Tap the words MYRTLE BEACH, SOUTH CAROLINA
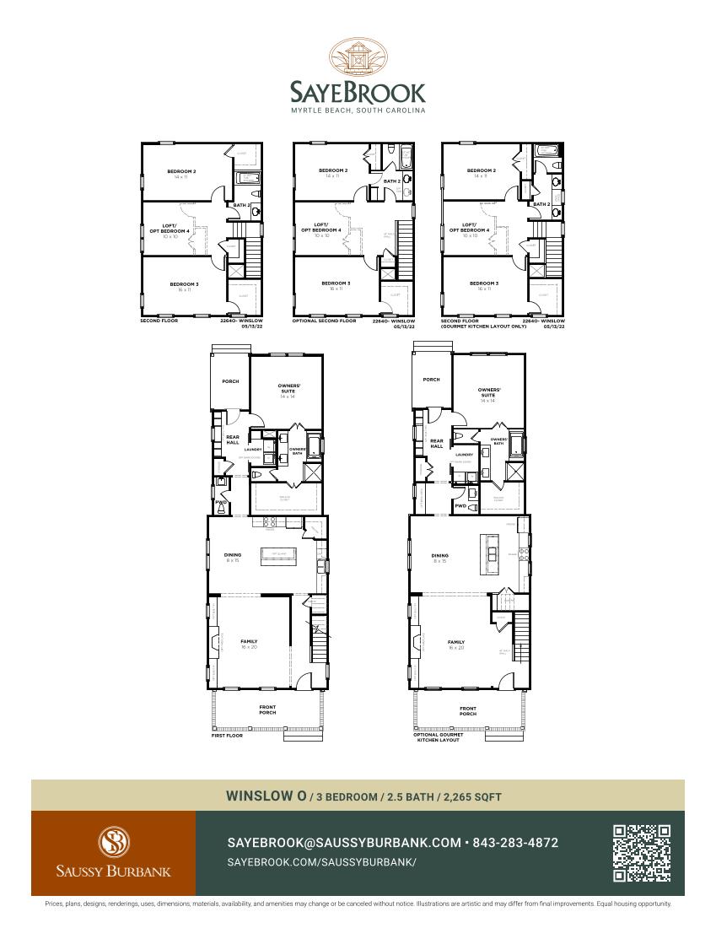(358, 111)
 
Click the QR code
(642, 853)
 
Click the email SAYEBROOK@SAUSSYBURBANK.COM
(344, 843)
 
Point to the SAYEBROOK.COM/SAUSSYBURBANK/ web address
(322, 862)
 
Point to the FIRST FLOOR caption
(227, 736)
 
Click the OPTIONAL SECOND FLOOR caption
(324, 321)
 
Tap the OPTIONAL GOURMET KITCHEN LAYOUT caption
(441, 737)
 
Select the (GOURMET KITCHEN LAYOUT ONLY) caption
(484, 326)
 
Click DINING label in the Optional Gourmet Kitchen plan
(439, 555)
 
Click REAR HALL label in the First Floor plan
(233, 439)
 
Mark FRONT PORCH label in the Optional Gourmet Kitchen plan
(468, 710)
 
